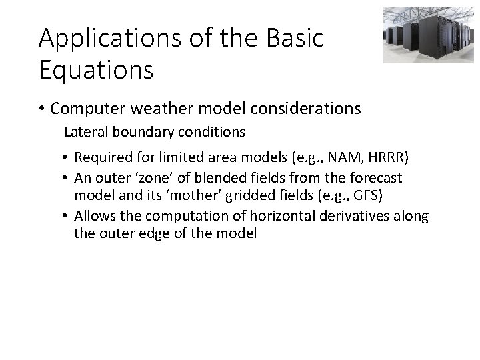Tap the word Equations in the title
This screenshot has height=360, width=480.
96,69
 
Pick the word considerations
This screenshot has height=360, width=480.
307,107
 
